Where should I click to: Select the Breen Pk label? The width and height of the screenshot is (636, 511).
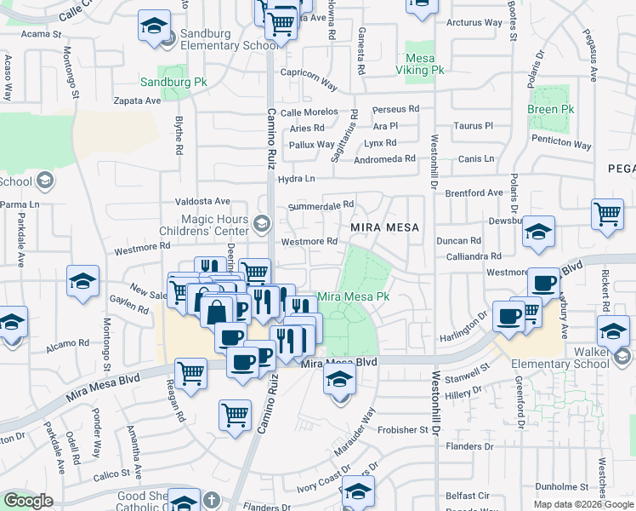549,110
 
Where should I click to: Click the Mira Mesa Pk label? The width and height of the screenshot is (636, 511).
353,296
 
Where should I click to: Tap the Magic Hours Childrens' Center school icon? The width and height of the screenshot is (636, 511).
262,224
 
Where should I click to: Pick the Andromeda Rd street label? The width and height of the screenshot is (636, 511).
385,158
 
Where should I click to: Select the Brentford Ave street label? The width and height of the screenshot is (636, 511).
474,193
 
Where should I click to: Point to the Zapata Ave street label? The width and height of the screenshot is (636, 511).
138,100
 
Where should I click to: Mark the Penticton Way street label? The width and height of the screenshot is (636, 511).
564,146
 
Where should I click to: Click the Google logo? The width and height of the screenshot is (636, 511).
28,501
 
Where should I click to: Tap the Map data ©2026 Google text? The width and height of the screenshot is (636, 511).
583,504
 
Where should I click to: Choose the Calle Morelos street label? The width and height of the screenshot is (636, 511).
309,112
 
